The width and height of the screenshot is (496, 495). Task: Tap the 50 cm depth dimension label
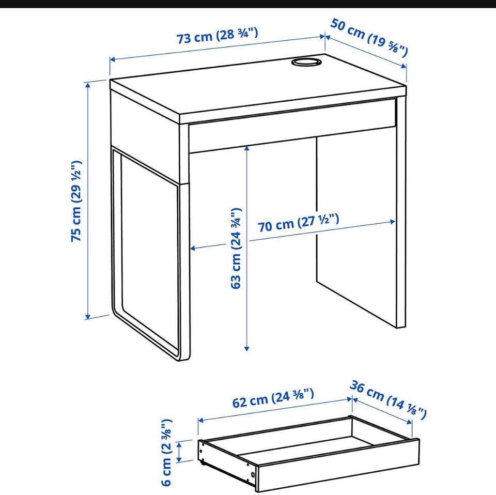369,38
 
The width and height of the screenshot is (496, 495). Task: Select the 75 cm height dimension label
76,201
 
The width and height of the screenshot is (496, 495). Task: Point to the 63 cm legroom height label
236,249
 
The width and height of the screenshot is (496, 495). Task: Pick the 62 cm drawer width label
273,398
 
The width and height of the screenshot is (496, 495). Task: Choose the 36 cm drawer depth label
388,400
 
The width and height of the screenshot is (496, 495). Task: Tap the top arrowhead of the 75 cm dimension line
88,84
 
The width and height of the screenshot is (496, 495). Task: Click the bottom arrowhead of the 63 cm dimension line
247,348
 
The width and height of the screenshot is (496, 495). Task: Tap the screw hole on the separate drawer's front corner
253,475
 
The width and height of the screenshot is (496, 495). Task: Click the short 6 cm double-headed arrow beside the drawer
179,452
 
